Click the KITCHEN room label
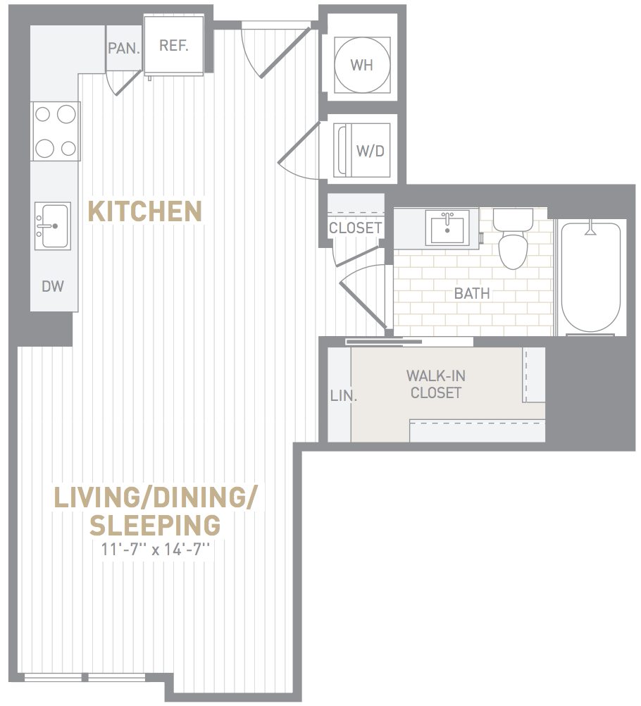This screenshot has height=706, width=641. click(144, 211)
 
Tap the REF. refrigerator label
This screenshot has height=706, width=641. click(174, 46)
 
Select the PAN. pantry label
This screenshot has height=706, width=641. click(124, 48)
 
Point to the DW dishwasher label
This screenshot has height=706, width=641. click(53, 286)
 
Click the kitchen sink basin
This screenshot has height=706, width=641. click(53, 226)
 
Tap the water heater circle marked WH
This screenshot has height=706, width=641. click(361, 65)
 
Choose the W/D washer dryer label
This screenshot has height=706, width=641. click(370, 151)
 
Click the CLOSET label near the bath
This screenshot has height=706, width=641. click(355, 228)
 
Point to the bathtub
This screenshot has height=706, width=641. click(590, 277)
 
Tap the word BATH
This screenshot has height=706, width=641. click(472, 294)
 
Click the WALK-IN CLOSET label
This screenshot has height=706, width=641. click(436, 384)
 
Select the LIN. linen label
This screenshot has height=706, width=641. click(344, 396)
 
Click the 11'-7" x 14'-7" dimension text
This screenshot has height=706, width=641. click(156, 550)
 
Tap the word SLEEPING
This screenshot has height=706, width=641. click(155, 525)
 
